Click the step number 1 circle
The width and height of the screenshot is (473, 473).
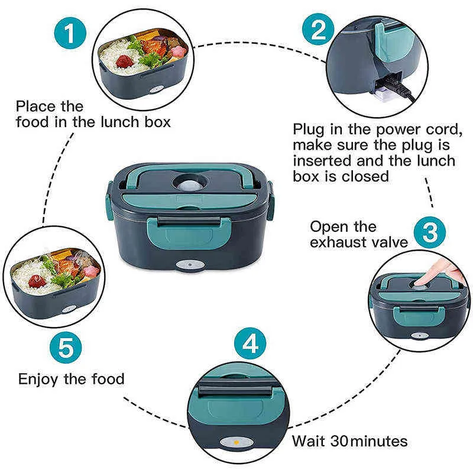[x=71, y=35]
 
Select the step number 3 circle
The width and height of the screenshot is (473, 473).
[x=430, y=232]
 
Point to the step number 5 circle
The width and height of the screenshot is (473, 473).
[x=64, y=348]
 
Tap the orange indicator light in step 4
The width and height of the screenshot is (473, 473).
[x=235, y=443]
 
